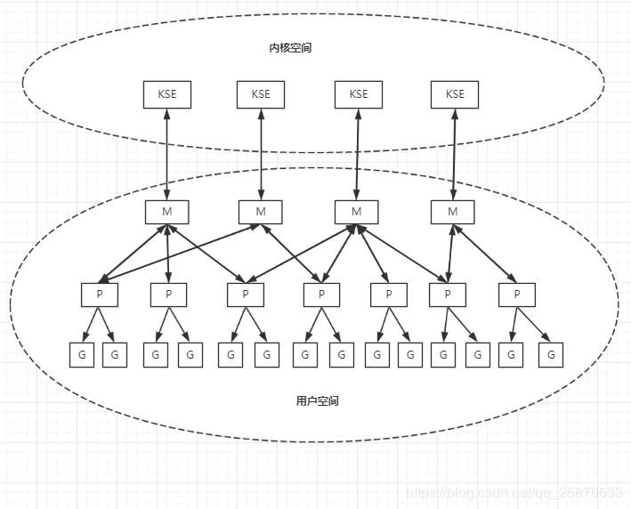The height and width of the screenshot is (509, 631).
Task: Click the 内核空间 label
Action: [290, 47]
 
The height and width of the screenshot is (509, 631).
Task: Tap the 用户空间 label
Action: [317, 400]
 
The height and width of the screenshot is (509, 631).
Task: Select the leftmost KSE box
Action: [166, 94]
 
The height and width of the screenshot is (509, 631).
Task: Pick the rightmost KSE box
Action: [454, 94]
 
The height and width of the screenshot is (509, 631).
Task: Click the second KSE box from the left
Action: [260, 94]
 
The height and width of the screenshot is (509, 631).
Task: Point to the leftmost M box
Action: [166, 212]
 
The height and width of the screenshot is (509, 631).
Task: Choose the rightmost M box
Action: [453, 212]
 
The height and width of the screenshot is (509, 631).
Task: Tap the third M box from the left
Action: [357, 212]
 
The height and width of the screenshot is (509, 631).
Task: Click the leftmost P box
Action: [99, 295]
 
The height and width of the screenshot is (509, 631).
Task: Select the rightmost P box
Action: [516, 295]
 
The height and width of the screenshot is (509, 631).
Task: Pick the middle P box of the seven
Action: [321, 295]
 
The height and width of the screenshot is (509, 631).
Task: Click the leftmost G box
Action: [82, 354]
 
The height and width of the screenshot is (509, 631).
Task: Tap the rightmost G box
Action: [551, 354]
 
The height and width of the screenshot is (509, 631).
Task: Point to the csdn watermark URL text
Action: [514, 492]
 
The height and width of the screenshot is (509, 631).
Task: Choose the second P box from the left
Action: [167, 295]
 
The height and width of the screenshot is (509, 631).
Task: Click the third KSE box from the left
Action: [358, 94]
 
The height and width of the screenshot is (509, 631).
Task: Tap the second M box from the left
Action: [261, 212]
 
